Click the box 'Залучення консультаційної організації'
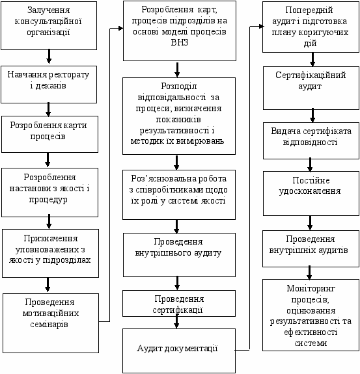(x=49, y=25)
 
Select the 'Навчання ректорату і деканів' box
(x=49, y=85)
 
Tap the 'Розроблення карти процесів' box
(x=49, y=134)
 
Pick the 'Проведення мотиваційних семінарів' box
(x=51, y=323)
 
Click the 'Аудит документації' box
(x=179, y=351)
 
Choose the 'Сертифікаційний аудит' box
(x=311, y=88)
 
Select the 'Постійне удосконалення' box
(x=311, y=193)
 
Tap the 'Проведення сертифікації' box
(x=179, y=303)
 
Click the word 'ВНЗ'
(x=180, y=42)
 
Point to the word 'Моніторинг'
(x=311, y=289)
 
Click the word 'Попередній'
(x=309, y=10)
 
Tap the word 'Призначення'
(x=51, y=239)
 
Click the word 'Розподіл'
(x=179, y=87)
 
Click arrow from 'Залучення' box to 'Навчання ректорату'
(x=49, y=57)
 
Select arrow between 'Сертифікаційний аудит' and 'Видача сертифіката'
(x=312, y=115)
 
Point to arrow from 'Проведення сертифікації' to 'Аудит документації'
(x=176, y=321)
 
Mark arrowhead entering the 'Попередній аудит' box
(x=260, y=26)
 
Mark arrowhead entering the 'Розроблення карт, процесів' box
(x=121, y=29)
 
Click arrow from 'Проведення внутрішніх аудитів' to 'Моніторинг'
(x=309, y=273)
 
